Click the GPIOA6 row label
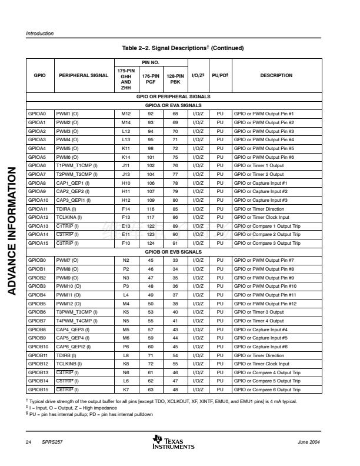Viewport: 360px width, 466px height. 37,167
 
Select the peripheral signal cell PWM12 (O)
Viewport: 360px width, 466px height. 68,304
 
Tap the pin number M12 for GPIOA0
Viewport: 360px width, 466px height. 126,113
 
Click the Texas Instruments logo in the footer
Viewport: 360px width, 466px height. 173,442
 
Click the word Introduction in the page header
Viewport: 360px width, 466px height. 40,34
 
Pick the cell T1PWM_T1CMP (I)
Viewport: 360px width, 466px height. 76,167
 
